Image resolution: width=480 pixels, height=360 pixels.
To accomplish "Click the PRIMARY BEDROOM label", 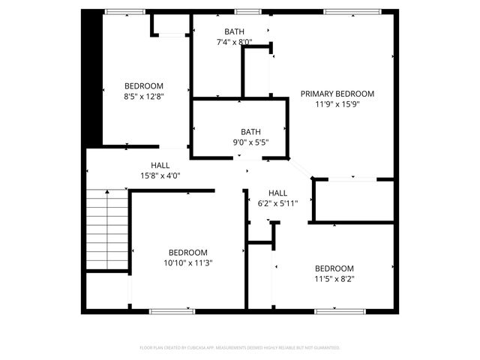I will click(x=337, y=94).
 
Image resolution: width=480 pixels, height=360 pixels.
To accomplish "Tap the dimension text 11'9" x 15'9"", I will click(x=337, y=104).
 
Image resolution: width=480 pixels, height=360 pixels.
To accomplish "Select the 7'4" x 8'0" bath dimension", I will click(x=233, y=42).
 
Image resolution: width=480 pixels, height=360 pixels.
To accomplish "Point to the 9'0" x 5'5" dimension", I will click(x=250, y=142).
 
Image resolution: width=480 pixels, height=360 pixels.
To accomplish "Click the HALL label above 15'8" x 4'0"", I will click(x=160, y=165).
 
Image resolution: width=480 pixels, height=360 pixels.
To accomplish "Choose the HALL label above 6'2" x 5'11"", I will click(x=277, y=193).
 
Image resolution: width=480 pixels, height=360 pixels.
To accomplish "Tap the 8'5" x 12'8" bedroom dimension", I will click(x=143, y=96).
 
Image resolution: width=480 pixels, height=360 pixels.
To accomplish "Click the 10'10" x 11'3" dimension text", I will click(x=187, y=263).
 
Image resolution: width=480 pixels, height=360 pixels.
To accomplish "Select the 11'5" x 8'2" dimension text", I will click(x=334, y=279).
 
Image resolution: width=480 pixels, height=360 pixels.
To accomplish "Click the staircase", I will click(x=105, y=229).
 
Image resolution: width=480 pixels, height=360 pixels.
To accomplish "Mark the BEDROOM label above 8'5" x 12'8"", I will click(x=143, y=85).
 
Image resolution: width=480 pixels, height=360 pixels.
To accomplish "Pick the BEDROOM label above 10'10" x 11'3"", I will click(x=187, y=253).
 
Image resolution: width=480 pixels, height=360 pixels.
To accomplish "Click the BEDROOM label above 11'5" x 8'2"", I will click(x=334, y=268).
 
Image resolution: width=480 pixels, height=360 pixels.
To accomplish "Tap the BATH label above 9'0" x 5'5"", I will click(x=250, y=131).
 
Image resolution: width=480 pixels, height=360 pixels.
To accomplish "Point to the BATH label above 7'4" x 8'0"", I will click(x=233, y=31).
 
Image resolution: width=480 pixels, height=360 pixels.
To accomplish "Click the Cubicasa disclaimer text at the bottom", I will click(x=240, y=348).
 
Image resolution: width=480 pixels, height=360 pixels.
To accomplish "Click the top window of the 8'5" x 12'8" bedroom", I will click(x=124, y=11).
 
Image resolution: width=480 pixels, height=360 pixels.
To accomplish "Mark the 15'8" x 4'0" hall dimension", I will click(x=160, y=175).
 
